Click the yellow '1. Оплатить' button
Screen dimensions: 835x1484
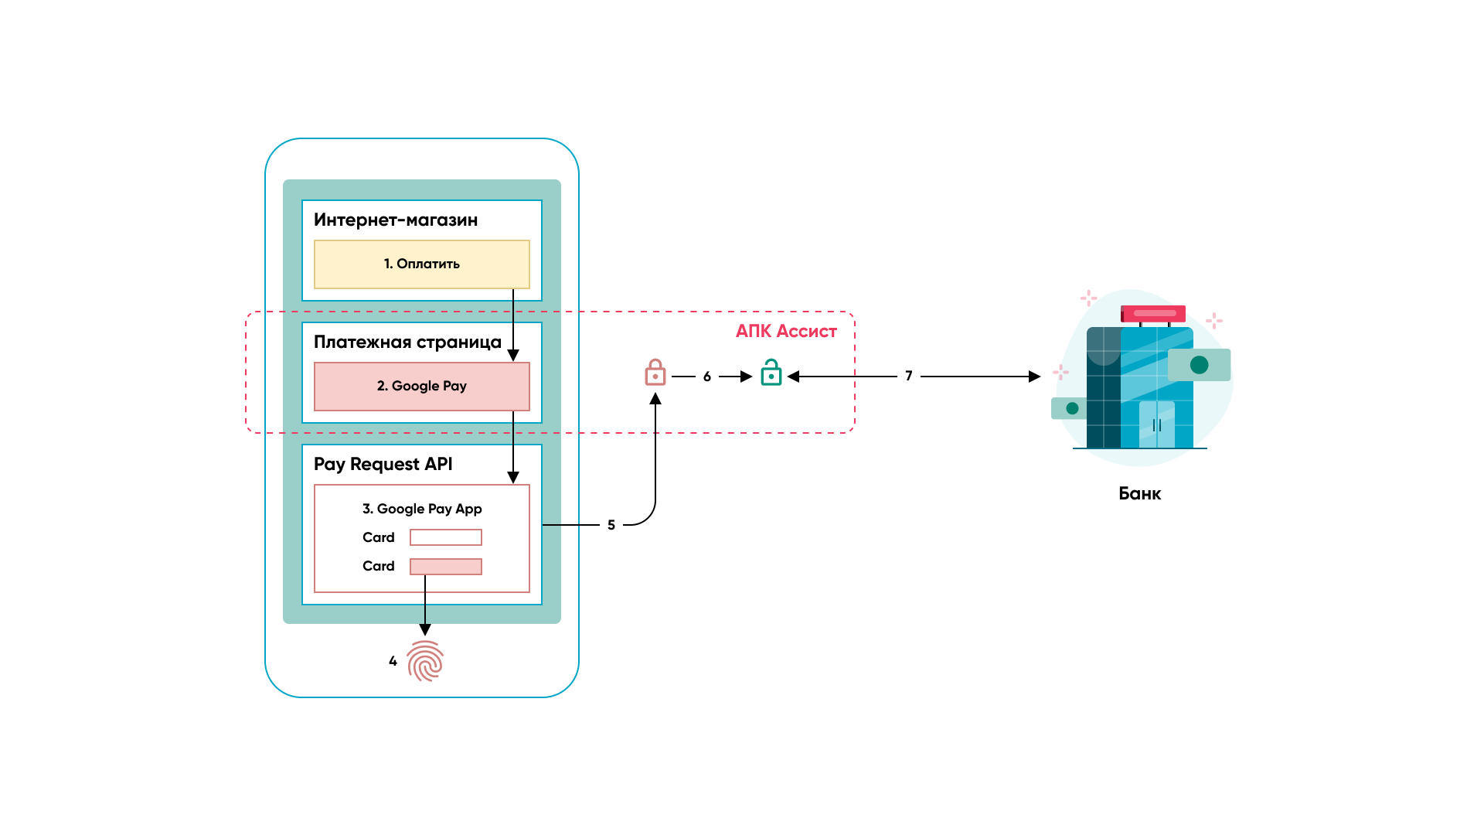point(421,264)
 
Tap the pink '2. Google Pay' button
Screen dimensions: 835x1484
point(421,387)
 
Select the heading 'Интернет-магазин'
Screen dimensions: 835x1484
point(396,220)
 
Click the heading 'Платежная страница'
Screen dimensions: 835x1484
point(407,343)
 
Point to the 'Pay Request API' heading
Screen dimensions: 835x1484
point(383,465)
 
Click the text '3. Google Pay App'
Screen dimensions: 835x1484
point(422,509)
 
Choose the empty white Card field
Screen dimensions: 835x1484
point(446,537)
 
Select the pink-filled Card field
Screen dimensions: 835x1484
point(446,567)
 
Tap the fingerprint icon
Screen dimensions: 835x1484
point(425,661)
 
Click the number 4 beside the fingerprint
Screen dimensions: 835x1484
point(393,661)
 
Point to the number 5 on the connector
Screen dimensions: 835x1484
point(611,525)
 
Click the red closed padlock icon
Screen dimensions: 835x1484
point(655,373)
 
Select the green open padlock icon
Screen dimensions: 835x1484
point(771,373)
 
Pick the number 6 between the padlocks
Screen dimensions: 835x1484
point(707,377)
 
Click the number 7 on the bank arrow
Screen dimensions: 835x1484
point(909,376)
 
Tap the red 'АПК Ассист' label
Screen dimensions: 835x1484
point(786,332)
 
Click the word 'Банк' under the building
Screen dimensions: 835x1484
point(1140,494)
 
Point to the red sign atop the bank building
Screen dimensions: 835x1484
point(1153,314)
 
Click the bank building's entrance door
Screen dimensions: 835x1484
point(1157,425)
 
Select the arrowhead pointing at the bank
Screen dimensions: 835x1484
point(1034,377)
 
